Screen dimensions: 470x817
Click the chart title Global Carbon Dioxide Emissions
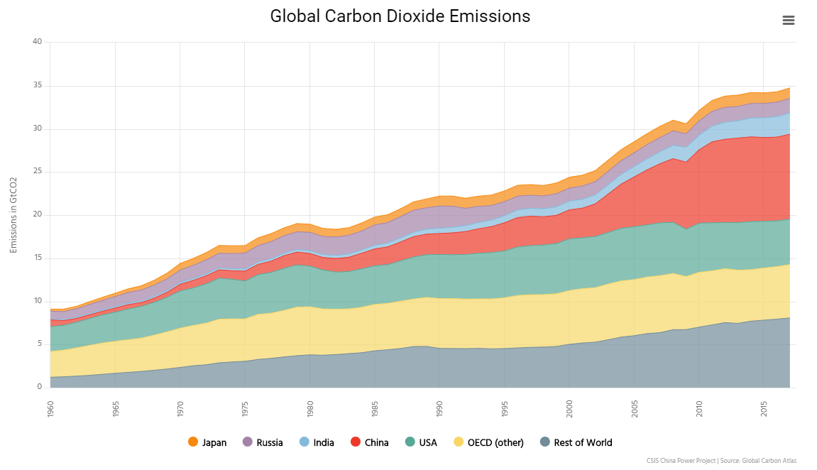click(400, 16)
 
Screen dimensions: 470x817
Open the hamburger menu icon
click(788, 20)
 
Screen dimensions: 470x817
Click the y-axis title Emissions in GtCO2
click(13, 215)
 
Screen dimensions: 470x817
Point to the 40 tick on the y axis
click(38, 43)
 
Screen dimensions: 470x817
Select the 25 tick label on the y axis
click(38, 172)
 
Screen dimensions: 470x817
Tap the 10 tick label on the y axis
click(38, 301)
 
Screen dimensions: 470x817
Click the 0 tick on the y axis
click(40, 388)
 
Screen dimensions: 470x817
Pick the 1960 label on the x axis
click(50, 408)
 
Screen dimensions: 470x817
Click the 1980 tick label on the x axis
click(310, 408)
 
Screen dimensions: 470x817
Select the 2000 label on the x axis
click(569, 408)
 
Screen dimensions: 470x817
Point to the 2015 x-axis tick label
click(764, 408)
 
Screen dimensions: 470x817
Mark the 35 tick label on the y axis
click(38, 86)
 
